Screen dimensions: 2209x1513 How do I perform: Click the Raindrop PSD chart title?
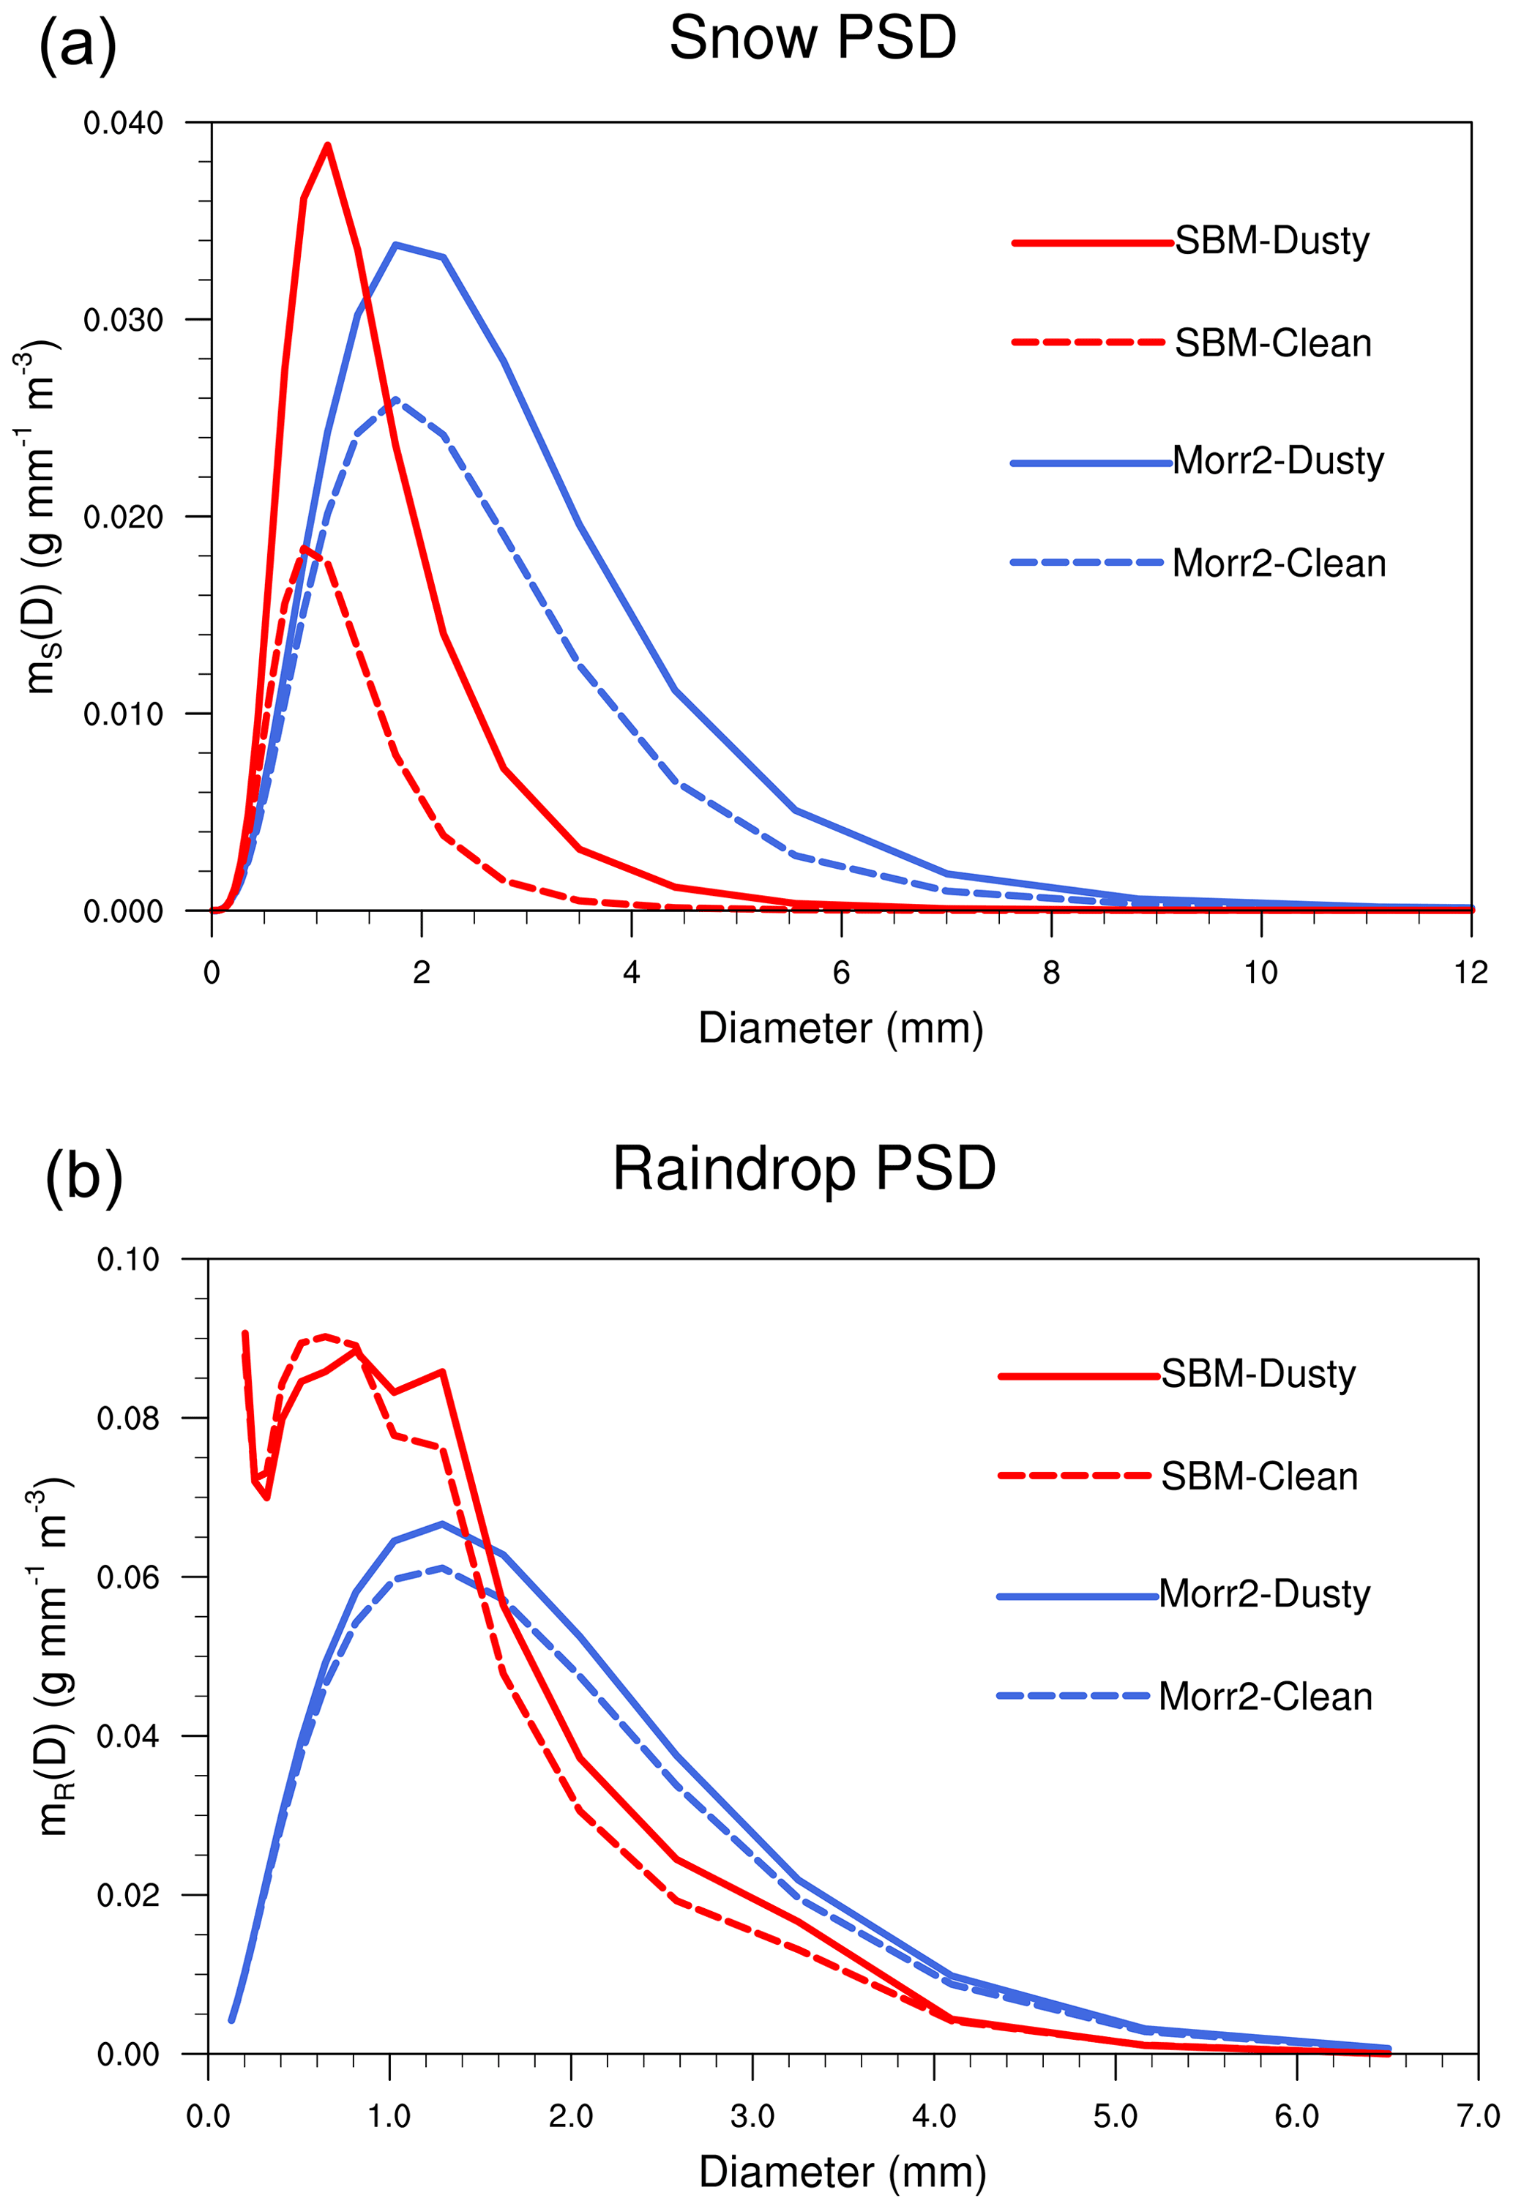(x=804, y=1168)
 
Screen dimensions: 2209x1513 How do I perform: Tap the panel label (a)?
(x=77, y=45)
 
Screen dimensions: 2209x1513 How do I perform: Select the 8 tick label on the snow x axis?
(x=1050, y=972)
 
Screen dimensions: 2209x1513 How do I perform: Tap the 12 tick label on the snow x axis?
(x=1471, y=972)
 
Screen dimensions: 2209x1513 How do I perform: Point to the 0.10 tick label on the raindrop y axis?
(x=128, y=1260)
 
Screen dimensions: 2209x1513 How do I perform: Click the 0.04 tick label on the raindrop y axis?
(x=128, y=1735)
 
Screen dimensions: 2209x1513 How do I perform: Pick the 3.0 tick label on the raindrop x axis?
(x=752, y=2116)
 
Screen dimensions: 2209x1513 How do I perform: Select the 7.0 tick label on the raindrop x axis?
(x=1477, y=2116)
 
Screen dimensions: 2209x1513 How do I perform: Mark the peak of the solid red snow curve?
(x=327, y=146)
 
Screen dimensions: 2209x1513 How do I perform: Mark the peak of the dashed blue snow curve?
(x=395, y=399)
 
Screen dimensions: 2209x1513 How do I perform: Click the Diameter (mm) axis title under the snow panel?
(x=840, y=1028)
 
